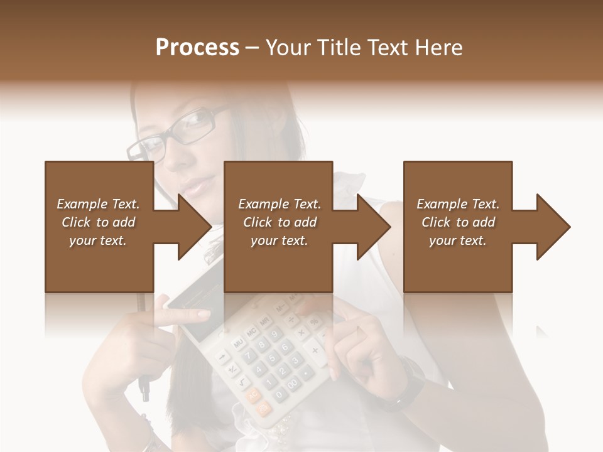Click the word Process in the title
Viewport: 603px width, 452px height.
197,47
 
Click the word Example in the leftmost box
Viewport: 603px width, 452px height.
82,204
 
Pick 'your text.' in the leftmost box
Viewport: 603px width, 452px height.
98,240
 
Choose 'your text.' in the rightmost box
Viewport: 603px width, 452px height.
458,240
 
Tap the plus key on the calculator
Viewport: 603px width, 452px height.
312,349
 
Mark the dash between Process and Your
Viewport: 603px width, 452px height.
253,48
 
